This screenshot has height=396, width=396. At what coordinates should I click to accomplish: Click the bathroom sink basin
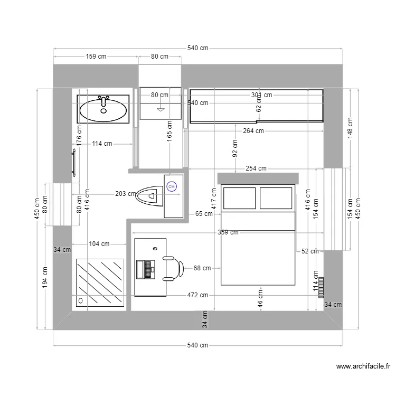pyautogui.click(x=103, y=109)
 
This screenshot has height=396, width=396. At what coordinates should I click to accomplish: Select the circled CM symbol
pyautogui.click(x=172, y=186)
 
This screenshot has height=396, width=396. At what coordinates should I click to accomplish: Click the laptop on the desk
pyautogui.click(x=145, y=268)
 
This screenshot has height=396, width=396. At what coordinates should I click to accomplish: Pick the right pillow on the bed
pyautogui.click(x=276, y=197)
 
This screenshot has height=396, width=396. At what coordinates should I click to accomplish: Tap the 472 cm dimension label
pyautogui.click(x=197, y=295)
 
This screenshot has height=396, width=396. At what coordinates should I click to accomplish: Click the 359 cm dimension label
pyautogui.click(x=228, y=232)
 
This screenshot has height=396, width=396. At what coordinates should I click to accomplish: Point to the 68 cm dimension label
pyautogui.click(x=202, y=268)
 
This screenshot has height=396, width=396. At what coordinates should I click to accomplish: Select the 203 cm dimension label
pyautogui.click(x=125, y=194)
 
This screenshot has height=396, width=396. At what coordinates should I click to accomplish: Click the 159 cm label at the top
pyautogui.click(x=96, y=56)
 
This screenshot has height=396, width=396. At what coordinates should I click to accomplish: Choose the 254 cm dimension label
pyautogui.click(x=256, y=168)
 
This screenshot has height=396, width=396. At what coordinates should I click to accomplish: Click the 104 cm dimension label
pyautogui.click(x=99, y=244)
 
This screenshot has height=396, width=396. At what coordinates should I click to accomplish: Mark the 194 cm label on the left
pyautogui.click(x=45, y=277)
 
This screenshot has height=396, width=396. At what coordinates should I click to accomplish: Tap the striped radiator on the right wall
pyautogui.click(x=320, y=287)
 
